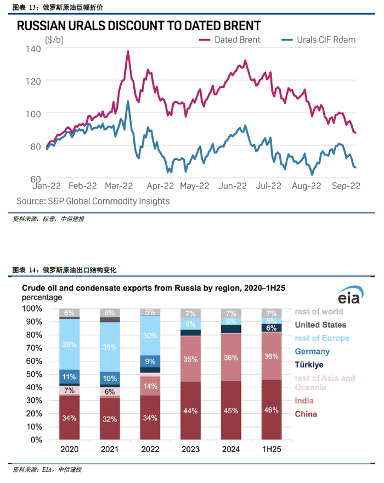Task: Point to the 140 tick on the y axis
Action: [33, 49]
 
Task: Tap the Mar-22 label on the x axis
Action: [120, 186]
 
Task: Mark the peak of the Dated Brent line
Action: [128, 51]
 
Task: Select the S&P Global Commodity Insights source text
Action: [93, 201]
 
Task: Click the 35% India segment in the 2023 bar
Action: [190, 359]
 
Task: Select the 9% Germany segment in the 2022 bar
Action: [150, 362]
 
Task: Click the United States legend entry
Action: [320, 325]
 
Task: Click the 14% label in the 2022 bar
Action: [150, 386]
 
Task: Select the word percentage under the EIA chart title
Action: [41, 297]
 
